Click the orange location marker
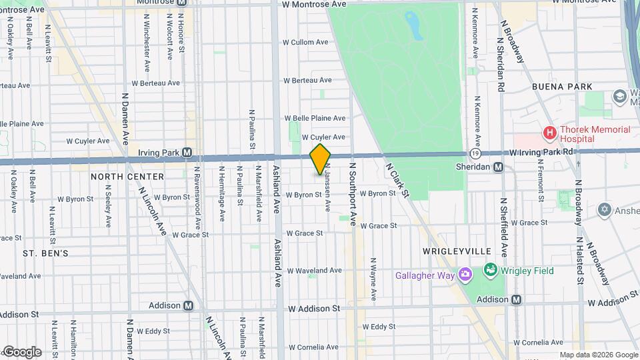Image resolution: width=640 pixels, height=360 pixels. pyautogui.click(x=320, y=160)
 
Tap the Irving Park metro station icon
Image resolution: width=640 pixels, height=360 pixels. pyautogui.click(x=187, y=152)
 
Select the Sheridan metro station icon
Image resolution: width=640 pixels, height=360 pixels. pyautogui.click(x=498, y=167)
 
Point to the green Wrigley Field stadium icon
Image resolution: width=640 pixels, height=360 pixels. pyautogui.click(x=491, y=270)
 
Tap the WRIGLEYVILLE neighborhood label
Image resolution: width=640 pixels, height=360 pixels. pyautogui.click(x=457, y=251)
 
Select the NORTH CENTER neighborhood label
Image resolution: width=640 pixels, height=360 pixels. pyautogui.click(x=127, y=177)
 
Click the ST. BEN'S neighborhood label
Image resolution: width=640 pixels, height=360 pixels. pyautogui.click(x=45, y=253)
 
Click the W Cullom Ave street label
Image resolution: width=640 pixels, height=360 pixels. pyautogui.click(x=306, y=42)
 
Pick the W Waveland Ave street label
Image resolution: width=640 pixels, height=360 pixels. pyautogui.click(x=314, y=270)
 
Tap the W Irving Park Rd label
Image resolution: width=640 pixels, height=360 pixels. pyautogui.click(x=541, y=152)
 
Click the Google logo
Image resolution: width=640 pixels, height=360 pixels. pyautogui.click(x=21, y=351)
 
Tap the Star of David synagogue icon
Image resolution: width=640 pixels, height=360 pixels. pyautogui.click(x=604, y=209)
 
